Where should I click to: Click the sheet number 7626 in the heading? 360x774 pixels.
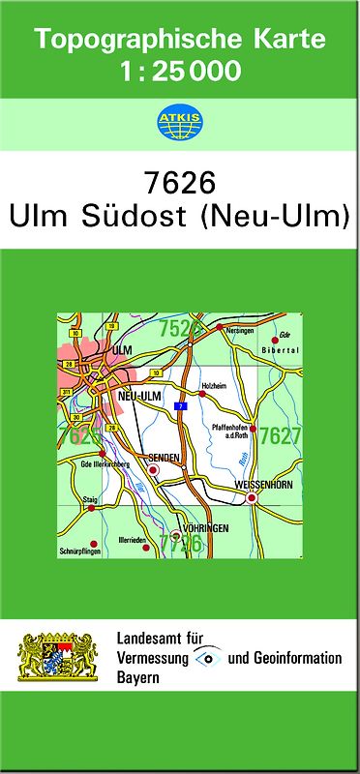(x=179, y=183)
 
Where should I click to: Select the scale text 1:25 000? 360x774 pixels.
(x=180, y=71)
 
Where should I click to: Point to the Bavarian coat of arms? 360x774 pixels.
(x=60, y=657)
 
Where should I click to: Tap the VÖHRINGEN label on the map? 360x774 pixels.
(x=205, y=529)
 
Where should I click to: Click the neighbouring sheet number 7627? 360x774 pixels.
(x=281, y=435)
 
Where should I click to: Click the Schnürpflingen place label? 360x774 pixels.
(x=78, y=551)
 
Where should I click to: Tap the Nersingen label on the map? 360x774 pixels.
(x=240, y=330)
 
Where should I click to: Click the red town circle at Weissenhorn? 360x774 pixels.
(x=252, y=498)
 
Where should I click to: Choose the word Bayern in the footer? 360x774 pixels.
(x=137, y=677)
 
